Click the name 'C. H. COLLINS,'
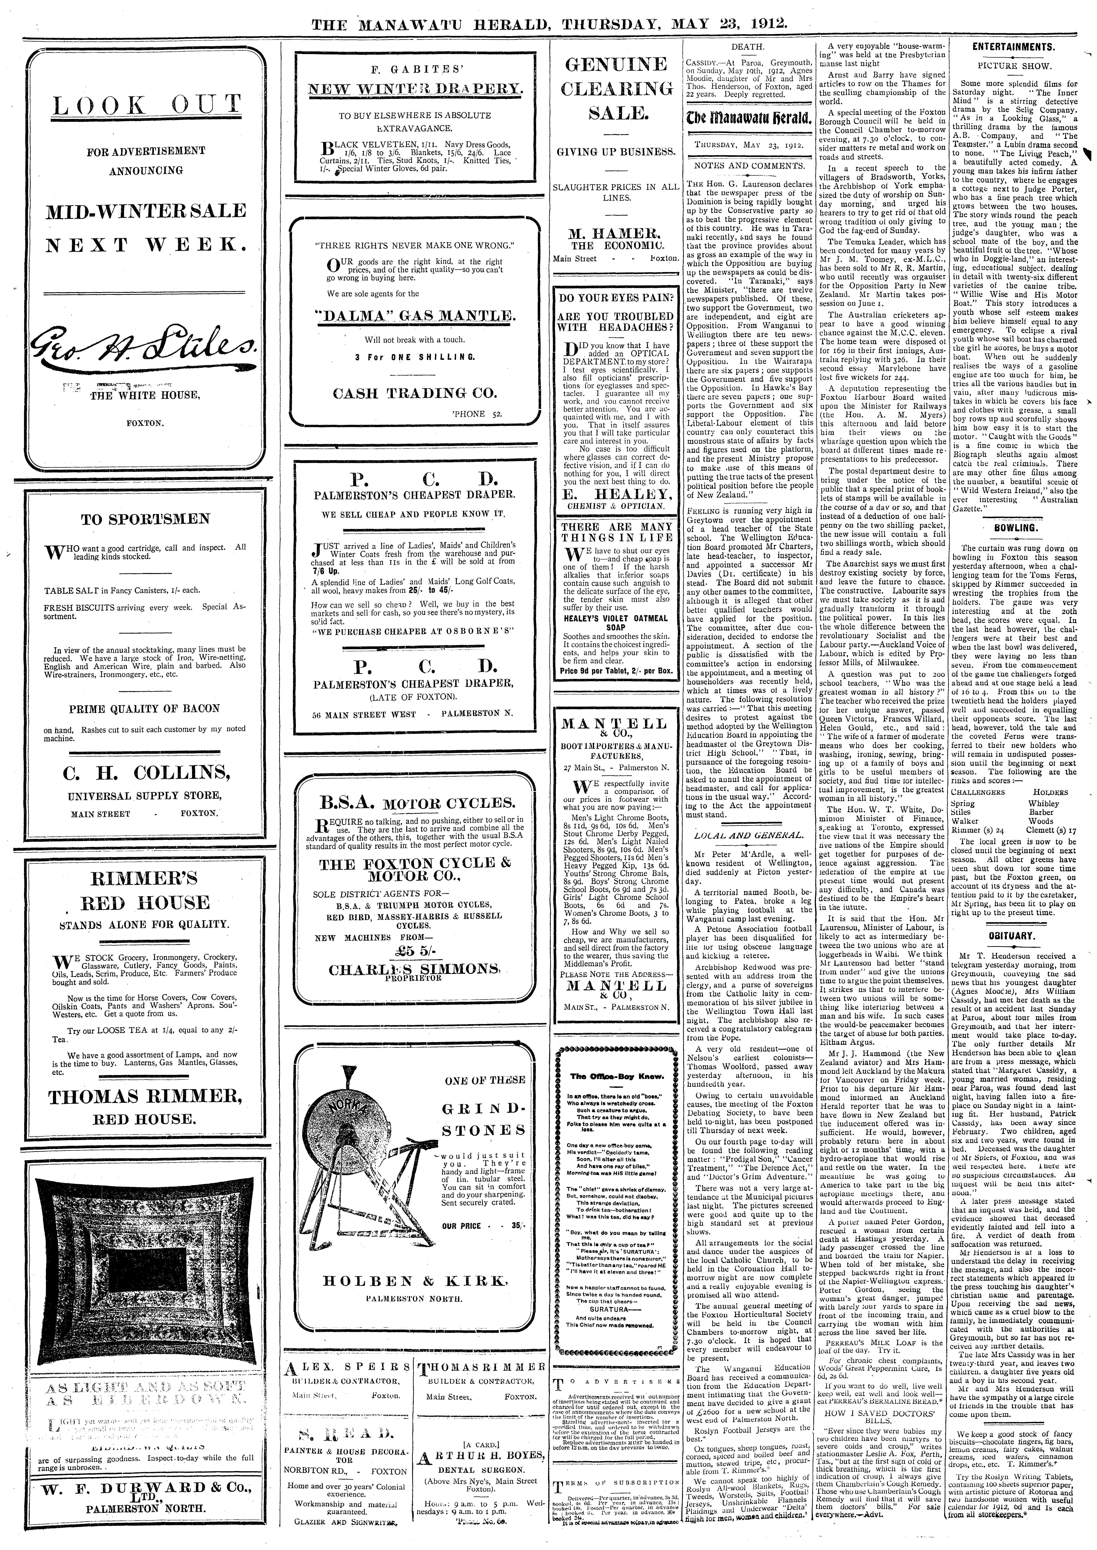coord(145,772)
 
